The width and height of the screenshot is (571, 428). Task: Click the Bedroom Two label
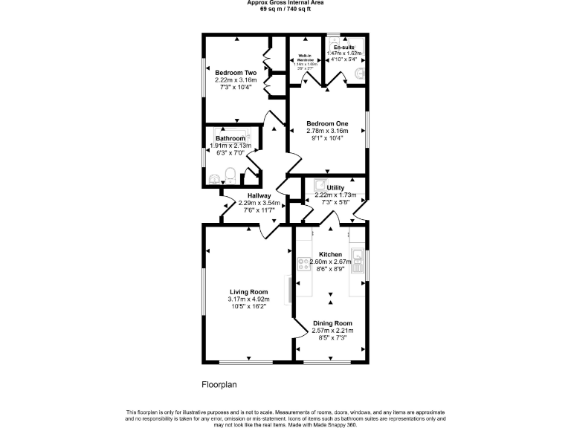pyautogui.click(x=236, y=72)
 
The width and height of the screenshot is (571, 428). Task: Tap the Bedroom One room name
pyautogui.click(x=327, y=123)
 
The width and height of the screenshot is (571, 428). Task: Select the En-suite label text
pyautogui.click(x=344, y=46)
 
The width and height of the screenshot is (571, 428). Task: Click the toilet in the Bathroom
pyautogui.click(x=230, y=175)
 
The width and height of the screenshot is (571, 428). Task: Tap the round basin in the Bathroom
pyautogui.click(x=215, y=178)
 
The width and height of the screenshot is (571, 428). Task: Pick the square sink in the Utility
pyautogui.click(x=320, y=185)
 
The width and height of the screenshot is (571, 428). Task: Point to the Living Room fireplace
pyautogui.click(x=289, y=289)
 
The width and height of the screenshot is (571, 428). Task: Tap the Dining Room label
pyautogui.click(x=332, y=323)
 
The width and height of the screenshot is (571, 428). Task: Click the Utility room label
pyautogui.click(x=335, y=187)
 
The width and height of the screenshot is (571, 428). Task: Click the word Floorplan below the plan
pyautogui.click(x=219, y=385)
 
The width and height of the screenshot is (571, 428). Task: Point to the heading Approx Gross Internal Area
pyautogui.click(x=285, y=3)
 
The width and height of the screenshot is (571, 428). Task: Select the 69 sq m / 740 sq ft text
pyautogui.click(x=285, y=9)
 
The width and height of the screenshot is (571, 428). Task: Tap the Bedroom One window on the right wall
pyautogui.click(x=367, y=128)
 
